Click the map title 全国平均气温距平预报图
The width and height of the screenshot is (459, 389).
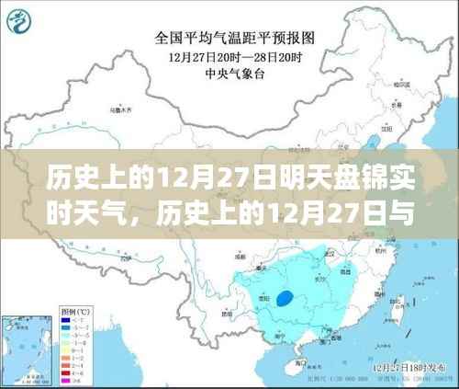tap(236, 39)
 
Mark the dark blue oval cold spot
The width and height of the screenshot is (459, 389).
tap(288, 297)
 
